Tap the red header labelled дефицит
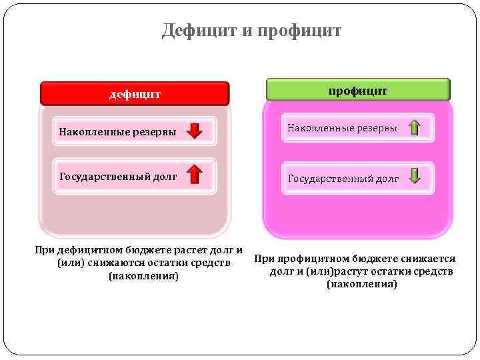(135, 94)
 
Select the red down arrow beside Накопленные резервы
(195, 131)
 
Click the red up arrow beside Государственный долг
(195, 175)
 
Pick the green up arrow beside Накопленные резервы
(414, 127)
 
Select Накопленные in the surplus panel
(319, 127)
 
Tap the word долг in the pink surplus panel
(387, 179)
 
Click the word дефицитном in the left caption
(91, 251)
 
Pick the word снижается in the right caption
(427, 259)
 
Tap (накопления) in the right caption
(362, 285)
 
